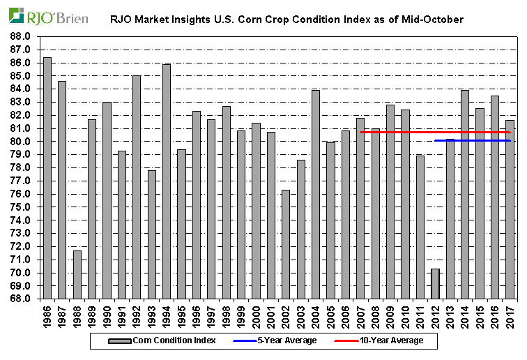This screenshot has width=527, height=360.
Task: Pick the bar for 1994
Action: coord(167,181)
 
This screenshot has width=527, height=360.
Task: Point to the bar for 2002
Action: coord(286,244)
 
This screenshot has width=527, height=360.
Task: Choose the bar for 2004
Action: coord(316,195)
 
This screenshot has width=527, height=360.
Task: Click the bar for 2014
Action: coord(465,195)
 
